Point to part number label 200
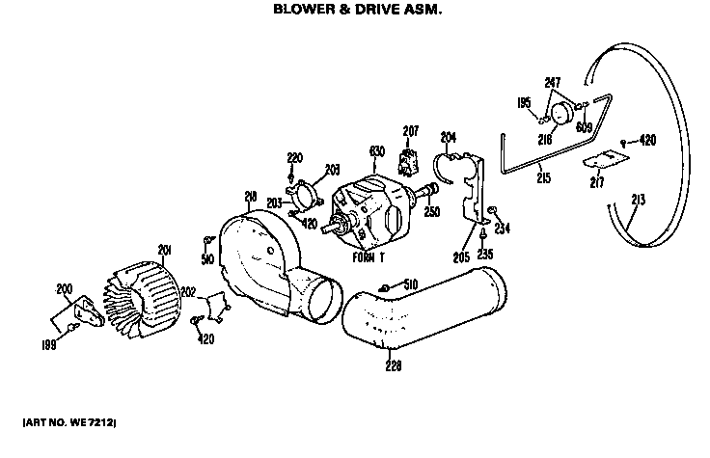(65, 288)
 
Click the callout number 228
(393, 364)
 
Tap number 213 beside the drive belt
(638, 201)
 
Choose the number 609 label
(585, 125)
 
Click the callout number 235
(484, 255)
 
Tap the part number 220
(294, 156)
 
